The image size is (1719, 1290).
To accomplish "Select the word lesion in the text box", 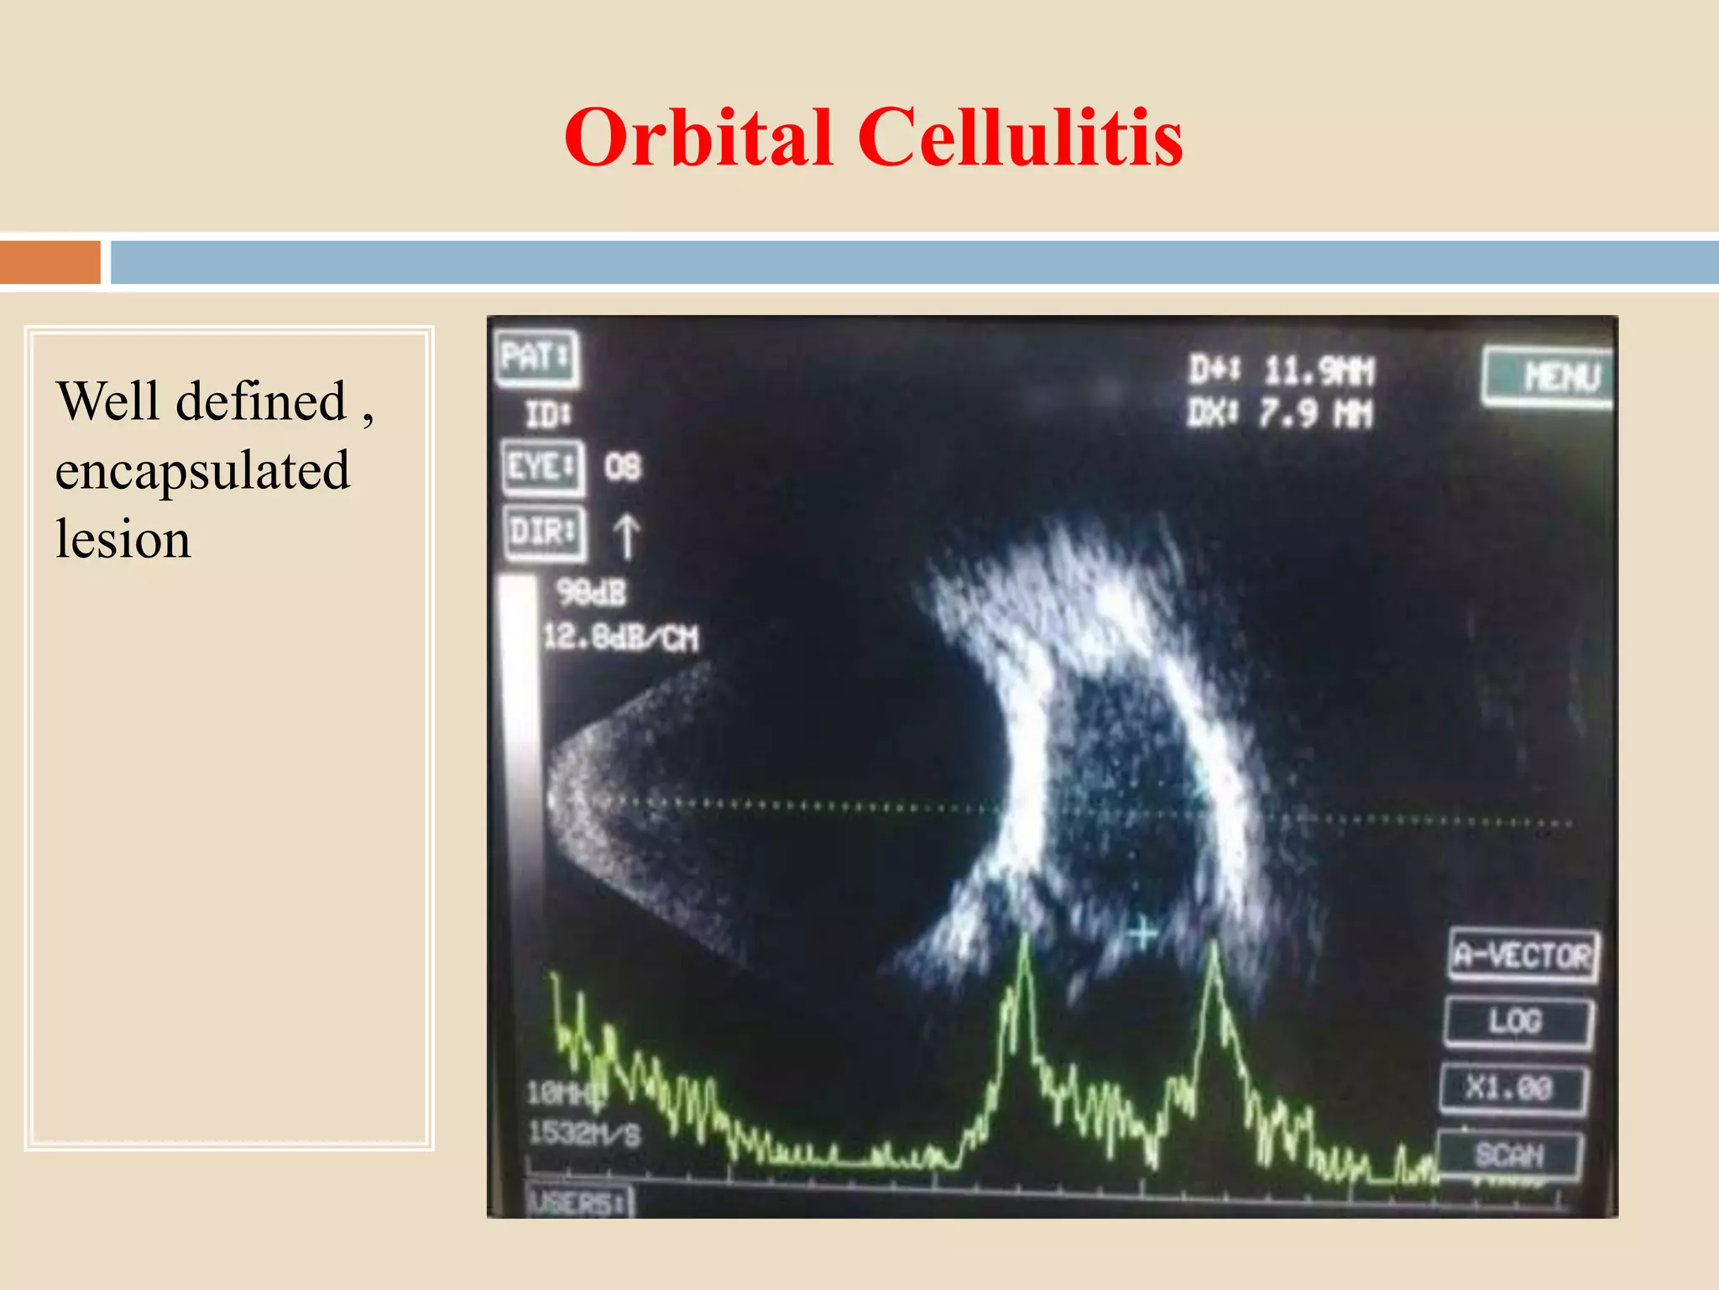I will click(123, 538).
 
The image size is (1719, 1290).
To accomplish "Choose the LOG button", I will click(1517, 1021).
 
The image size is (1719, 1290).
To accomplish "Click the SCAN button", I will click(1509, 1155).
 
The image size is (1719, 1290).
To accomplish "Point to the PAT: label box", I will click(536, 358).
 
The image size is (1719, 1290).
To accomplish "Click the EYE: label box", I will click(542, 466).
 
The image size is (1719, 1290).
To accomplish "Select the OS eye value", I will click(623, 467).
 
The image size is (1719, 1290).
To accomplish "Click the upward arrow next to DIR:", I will click(626, 536).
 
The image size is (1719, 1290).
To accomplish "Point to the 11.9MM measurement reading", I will click(1319, 370).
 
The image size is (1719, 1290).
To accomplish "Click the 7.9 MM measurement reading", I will click(1314, 413).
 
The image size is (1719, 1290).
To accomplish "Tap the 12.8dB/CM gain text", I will click(620, 637).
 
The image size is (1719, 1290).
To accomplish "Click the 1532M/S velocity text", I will click(584, 1134).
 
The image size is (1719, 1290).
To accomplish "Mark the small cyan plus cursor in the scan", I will click(1142, 933).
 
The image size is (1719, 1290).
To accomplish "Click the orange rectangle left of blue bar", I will click(50, 262).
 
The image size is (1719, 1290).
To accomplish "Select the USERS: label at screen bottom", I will click(578, 1203).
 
